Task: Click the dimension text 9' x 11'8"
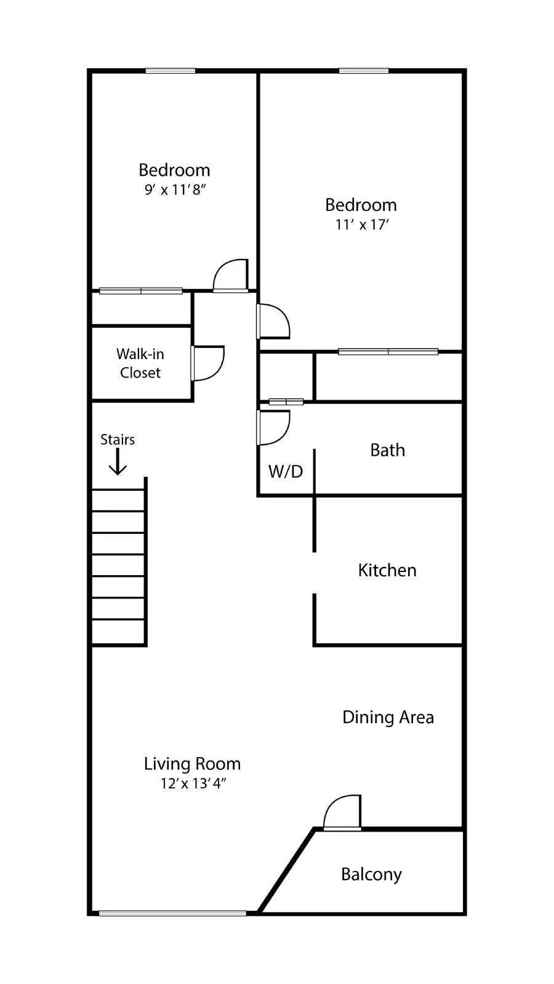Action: pos(175,190)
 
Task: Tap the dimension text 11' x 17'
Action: pos(361,225)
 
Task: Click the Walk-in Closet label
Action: pos(140,363)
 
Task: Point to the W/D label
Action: pos(286,472)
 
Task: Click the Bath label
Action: pos(387,450)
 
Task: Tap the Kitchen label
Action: pos(387,570)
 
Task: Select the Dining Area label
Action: pos(388,717)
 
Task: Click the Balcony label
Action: pos(371,874)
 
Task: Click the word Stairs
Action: pos(118,440)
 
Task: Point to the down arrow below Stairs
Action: pos(118,462)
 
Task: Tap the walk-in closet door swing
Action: pos(208,363)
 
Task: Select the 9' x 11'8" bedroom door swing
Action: pos(231,276)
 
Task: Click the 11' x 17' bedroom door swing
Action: pos(273,321)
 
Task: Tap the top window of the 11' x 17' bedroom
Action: pos(363,71)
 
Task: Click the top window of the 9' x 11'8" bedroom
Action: pos(171,71)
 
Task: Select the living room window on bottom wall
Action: pos(172,913)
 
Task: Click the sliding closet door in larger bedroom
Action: pos(388,352)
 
